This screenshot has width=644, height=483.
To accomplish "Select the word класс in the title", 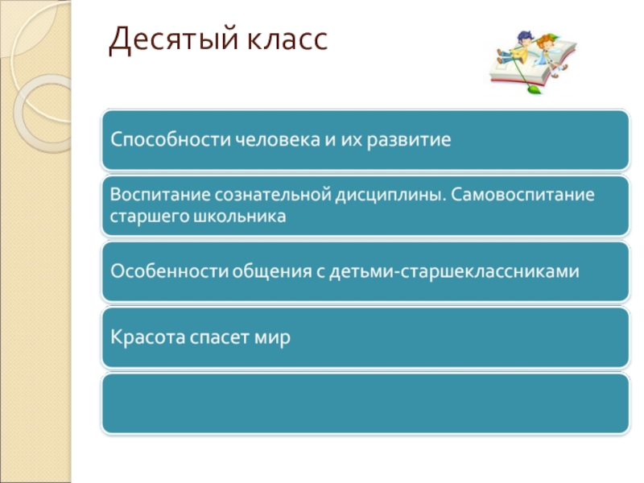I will coord(279,39).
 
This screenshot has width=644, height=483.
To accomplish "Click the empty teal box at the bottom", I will coord(365,402).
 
